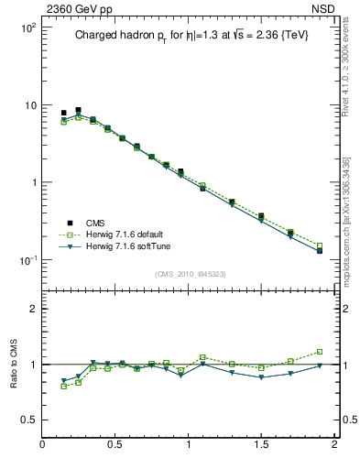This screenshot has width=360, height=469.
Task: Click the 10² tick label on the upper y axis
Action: [x=28, y=27]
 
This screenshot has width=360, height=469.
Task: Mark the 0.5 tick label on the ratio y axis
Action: [x=28, y=420]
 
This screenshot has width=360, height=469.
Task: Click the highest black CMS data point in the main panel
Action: [x=78, y=110]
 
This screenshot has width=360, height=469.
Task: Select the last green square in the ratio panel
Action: [x=320, y=352]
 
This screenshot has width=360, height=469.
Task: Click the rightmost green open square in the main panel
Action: [x=320, y=245]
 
